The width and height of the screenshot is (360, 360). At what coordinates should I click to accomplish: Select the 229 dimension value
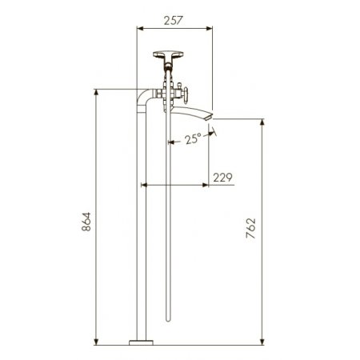[222, 178]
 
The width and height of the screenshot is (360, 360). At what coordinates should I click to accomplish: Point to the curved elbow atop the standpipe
[142, 98]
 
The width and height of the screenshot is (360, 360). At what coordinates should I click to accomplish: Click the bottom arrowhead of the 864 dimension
[96, 343]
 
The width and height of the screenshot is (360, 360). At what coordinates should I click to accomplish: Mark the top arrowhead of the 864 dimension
[96, 90]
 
